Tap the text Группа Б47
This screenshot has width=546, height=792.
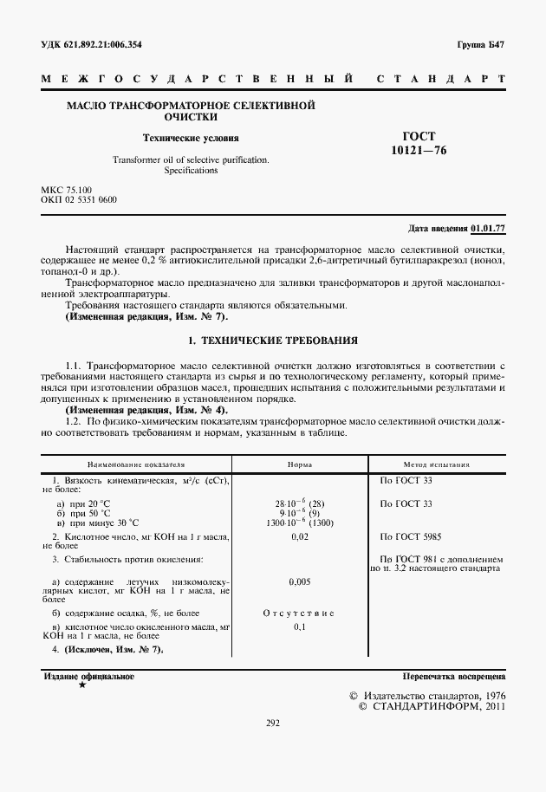481,44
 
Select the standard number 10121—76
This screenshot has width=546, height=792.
419,150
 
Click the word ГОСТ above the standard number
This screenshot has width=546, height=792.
419,136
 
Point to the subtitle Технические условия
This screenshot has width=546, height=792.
191,138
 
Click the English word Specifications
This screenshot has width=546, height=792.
191,171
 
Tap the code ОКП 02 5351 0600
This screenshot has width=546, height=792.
79,200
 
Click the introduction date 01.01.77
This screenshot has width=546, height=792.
488,229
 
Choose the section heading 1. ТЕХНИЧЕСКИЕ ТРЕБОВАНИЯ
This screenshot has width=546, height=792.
273,341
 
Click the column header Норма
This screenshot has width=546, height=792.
300,464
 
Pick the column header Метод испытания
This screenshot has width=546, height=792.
437,464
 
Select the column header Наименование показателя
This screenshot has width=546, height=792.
135,464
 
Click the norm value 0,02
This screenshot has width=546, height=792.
300,537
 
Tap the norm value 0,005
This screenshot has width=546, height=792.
300,583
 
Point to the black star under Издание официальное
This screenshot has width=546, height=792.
81,685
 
